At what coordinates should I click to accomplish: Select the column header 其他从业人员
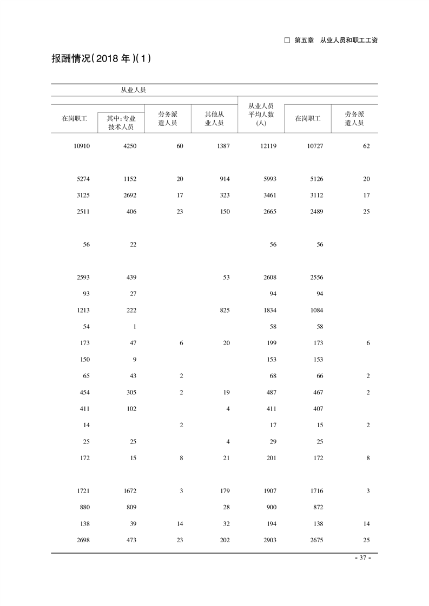click(x=214, y=119)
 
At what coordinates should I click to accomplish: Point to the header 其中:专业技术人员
click(x=121, y=123)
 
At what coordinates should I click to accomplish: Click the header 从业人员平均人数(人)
click(x=261, y=115)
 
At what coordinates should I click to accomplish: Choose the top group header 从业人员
click(x=133, y=90)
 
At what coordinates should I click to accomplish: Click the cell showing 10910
click(x=81, y=146)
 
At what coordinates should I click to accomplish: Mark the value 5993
click(x=269, y=179)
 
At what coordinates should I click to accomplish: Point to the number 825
click(x=224, y=310)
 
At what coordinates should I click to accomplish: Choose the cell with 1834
click(x=269, y=310)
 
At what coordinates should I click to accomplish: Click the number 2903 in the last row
click(x=269, y=540)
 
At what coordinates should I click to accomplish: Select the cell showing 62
click(x=366, y=146)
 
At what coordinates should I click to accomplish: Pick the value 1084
click(x=315, y=310)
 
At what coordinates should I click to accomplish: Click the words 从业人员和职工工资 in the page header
click(x=348, y=40)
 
